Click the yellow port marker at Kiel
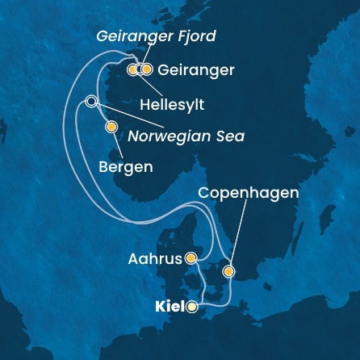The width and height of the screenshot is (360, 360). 191,307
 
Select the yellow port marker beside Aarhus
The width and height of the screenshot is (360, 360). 191,258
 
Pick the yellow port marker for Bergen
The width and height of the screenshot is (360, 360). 111,127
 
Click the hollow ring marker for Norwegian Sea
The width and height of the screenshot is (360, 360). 91,101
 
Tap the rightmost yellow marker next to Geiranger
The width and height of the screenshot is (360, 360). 148,69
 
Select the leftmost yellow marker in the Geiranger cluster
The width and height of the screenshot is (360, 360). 132,69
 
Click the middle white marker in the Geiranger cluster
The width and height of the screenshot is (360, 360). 140,69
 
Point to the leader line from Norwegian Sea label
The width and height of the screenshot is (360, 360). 137,118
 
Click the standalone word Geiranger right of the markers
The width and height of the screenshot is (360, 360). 196,70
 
